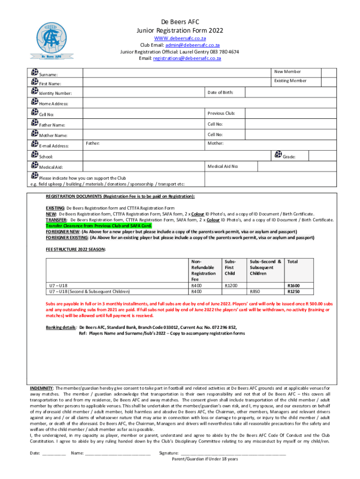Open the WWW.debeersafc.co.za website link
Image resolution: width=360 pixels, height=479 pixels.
180,38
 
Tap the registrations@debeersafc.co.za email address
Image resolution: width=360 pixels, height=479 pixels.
187,58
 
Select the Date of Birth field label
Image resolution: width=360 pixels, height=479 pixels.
220,93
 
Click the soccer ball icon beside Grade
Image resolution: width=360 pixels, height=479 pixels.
278,154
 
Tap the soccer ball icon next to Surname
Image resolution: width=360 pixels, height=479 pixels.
35,73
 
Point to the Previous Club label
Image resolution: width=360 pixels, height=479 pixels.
221,113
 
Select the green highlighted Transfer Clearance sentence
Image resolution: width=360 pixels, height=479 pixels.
99,225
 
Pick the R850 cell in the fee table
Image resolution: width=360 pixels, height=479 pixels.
255,291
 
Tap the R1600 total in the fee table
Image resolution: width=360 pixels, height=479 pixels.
294,285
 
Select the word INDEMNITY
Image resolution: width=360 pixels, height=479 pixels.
41,388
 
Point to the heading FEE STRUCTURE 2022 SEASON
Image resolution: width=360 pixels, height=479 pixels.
75,250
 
